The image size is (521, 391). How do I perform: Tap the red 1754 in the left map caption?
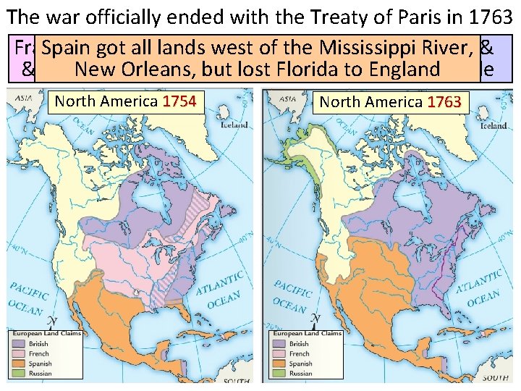[179, 101]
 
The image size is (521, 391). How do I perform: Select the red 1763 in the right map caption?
[444, 102]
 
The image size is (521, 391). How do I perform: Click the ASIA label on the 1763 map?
[287, 98]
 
